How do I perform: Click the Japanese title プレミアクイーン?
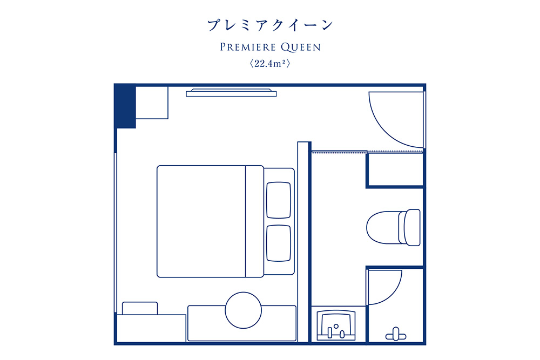pyautogui.click(x=270, y=25)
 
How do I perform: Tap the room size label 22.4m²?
pyautogui.click(x=270, y=64)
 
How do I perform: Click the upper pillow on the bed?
pyautogui.click(x=279, y=200)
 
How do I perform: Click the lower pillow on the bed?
pyautogui.click(x=279, y=243)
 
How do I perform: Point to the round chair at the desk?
pyautogui.click(x=243, y=310)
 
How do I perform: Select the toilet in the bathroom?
pyautogui.click(x=393, y=227)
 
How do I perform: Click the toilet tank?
pyautogui.click(x=412, y=227)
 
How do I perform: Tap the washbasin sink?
pyautogui.click(x=336, y=325)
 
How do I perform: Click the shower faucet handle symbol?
pyautogui.click(x=396, y=335)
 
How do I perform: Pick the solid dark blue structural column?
pyautogui.click(x=125, y=106)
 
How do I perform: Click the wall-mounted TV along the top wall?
pyautogui.click(x=231, y=93)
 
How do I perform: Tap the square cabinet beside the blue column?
pyautogui.click(x=152, y=103)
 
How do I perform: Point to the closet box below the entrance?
pyautogui.click(x=395, y=169)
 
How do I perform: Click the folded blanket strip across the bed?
pyautogui.click(x=254, y=221)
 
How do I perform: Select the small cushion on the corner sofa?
pyautogui.click(x=140, y=308)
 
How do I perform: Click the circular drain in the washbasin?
pyautogui.click(x=336, y=326)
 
